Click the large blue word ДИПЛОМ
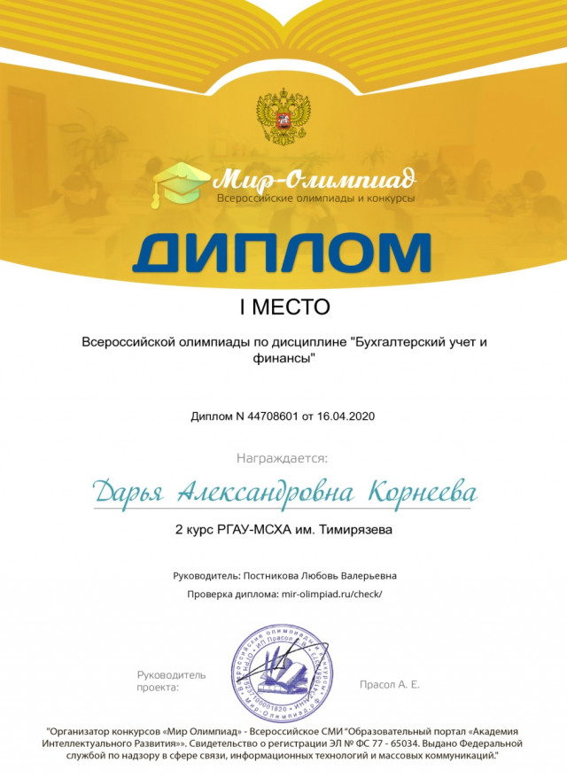click(282, 252)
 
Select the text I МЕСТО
click(283, 307)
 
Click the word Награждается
click(282, 458)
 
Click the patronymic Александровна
click(268, 491)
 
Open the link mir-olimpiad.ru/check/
click(331, 595)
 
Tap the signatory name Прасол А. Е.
click(390, 684)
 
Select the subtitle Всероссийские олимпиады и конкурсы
click(315, 198)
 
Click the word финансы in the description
click(283, 359)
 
